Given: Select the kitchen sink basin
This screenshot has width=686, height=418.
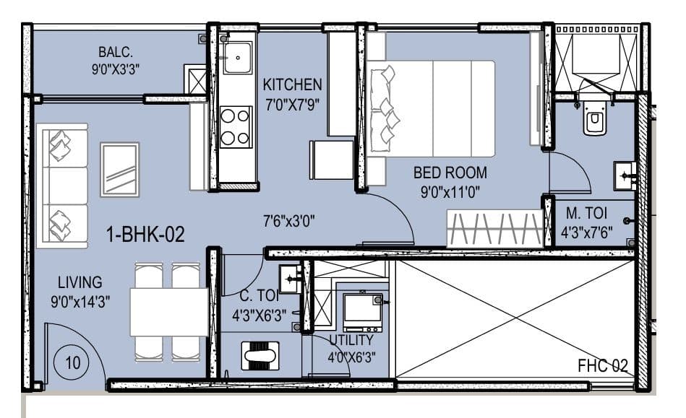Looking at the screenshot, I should pos(237,58).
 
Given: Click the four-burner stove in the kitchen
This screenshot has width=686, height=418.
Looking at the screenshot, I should pos(236,126).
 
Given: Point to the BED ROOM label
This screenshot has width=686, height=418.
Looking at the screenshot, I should pos(450,173).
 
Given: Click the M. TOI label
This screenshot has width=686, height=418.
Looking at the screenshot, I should pos(585,214).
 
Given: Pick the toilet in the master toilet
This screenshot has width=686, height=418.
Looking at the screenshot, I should pos(595,121).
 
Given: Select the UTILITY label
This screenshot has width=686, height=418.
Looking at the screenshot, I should pos(351,340).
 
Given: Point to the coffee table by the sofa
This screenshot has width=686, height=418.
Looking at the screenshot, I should pos(120,170).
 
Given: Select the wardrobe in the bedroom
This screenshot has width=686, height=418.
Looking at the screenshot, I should pos(494,229).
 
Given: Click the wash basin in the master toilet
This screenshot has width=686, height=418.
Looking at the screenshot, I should pos(624,175).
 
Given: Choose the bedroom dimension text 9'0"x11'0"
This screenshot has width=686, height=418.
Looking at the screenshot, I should pos(450,192).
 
